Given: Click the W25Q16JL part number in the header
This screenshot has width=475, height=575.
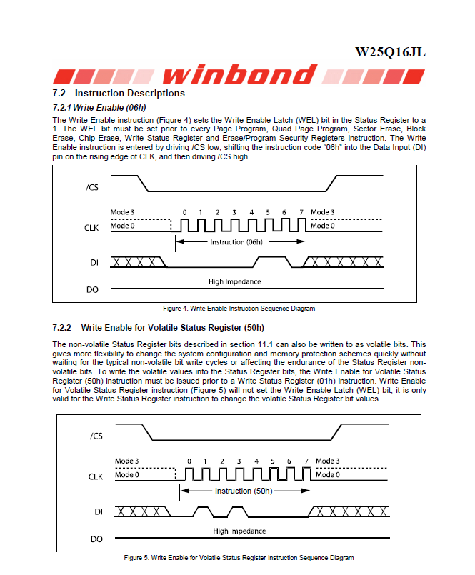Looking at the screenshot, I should coord(394,53).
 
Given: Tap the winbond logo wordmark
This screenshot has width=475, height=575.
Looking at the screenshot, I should coord(239,75).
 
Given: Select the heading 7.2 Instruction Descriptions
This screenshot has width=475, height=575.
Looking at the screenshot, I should coord(119,94).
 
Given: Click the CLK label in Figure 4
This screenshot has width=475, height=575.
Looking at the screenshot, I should coord(91,226).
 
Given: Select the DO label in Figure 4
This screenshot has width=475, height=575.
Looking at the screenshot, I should coord(91,290).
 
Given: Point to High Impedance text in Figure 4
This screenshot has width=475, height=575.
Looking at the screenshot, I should coord(234,281).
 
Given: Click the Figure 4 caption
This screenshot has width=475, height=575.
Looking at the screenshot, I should coord(239,309).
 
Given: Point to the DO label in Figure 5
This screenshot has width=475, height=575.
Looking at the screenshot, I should coord(97,539).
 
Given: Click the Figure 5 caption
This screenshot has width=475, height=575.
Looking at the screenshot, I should coord(239,557).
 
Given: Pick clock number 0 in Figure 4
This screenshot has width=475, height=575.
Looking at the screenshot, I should coord(184,212).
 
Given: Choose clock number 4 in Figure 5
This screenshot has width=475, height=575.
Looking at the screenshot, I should coord(256,461).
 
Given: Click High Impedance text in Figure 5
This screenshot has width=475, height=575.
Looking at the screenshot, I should coord(239,531).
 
